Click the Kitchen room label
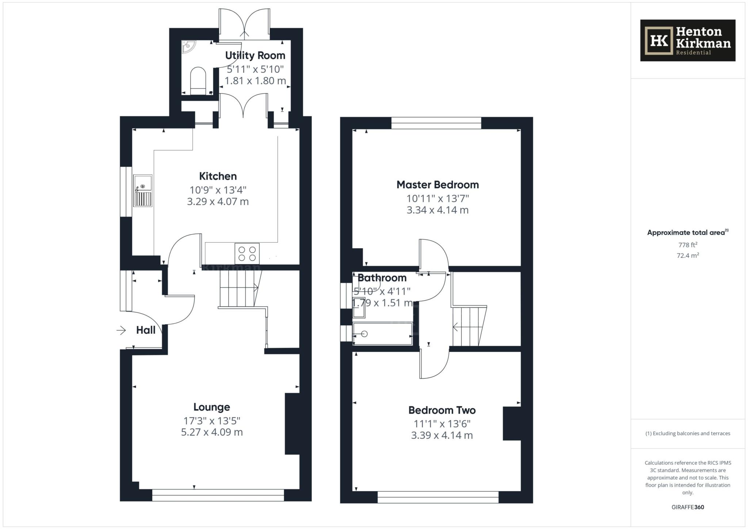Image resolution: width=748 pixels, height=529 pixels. pos(218,176)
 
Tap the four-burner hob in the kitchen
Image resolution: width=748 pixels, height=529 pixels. pos(247,254)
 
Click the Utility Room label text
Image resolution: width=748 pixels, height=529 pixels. pos(255,55)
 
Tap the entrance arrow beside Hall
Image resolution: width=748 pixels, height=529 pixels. pos(121,330)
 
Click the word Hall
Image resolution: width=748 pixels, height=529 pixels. pos(146,330)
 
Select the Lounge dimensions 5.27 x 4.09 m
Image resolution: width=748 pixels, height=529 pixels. pos(212,432)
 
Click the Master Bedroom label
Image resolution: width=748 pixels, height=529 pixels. pos(438,185)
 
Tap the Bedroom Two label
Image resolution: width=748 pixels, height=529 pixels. pos(442,410)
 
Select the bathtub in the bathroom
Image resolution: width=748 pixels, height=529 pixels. pos(382,334)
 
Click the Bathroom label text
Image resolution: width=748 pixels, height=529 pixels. pos(382,278)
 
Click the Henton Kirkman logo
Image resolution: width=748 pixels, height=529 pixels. pos(687,41)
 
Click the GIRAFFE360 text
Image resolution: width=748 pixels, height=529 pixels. pos(687,507)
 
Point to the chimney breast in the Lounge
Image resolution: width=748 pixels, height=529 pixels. pos(292,423)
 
